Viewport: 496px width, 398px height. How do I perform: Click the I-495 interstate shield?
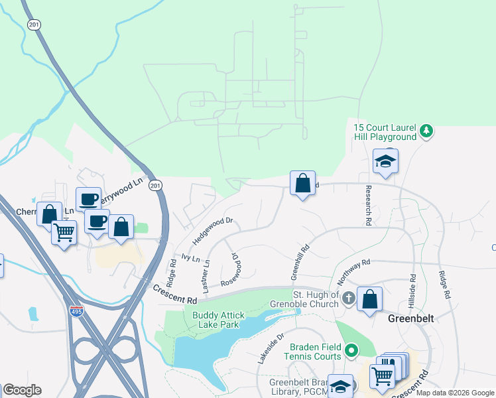click(77, 310)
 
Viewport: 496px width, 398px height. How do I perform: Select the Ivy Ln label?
click(190, 257)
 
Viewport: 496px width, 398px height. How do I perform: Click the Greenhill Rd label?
click(300, 263)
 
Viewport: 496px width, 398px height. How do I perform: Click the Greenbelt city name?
click(410, 318)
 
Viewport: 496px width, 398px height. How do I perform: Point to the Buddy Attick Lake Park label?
click(219, 320)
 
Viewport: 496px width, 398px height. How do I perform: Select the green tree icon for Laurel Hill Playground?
click(428, 132)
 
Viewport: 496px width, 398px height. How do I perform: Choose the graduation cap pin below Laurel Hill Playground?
click(385, 161)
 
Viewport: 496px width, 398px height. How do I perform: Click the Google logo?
click(22, 390)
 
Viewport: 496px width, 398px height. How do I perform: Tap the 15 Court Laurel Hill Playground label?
click(385, 132)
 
